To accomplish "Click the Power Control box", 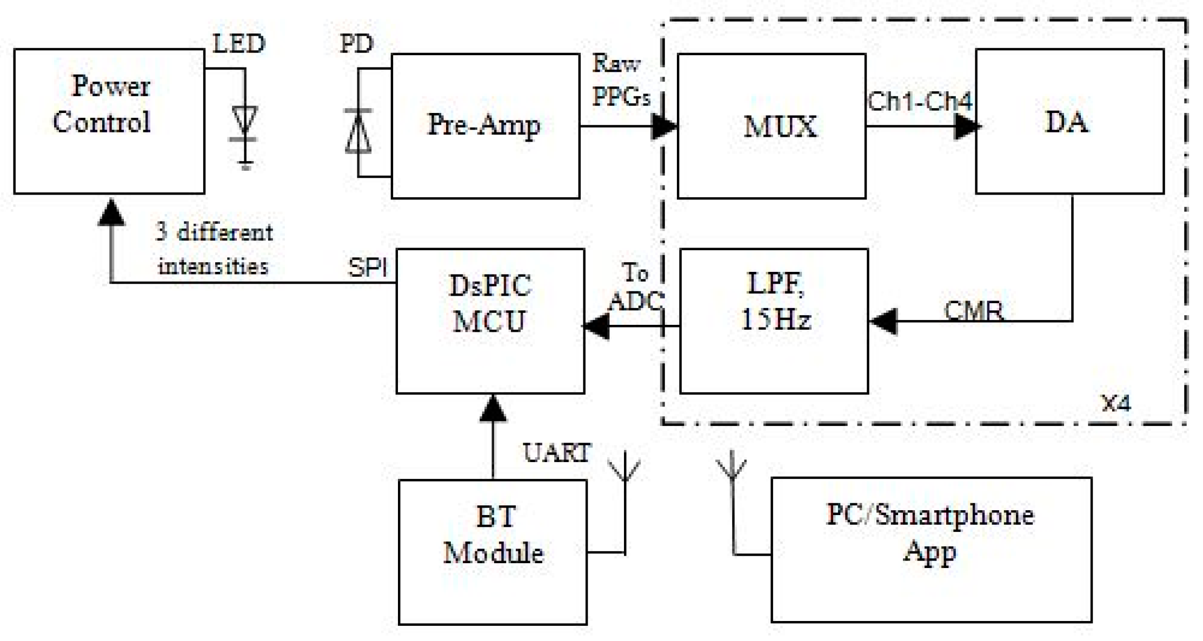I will [109, 121].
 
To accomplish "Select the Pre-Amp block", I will [485, 126].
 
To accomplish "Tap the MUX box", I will [771, 126].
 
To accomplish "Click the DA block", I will [1069, 121].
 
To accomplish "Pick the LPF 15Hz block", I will [773, 320].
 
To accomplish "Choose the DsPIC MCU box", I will [490, 320].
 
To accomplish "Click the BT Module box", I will [492, 552].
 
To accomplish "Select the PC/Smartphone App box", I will [931, 550].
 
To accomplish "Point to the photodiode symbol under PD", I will [358, 130].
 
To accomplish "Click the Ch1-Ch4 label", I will [919, 101].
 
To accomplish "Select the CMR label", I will [973, 311].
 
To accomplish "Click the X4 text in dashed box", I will [1115, 403].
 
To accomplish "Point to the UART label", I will [557, 453].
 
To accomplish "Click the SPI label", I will [367, 266].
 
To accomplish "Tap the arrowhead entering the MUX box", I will [664, 127].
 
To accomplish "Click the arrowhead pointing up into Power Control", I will [111, 212].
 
